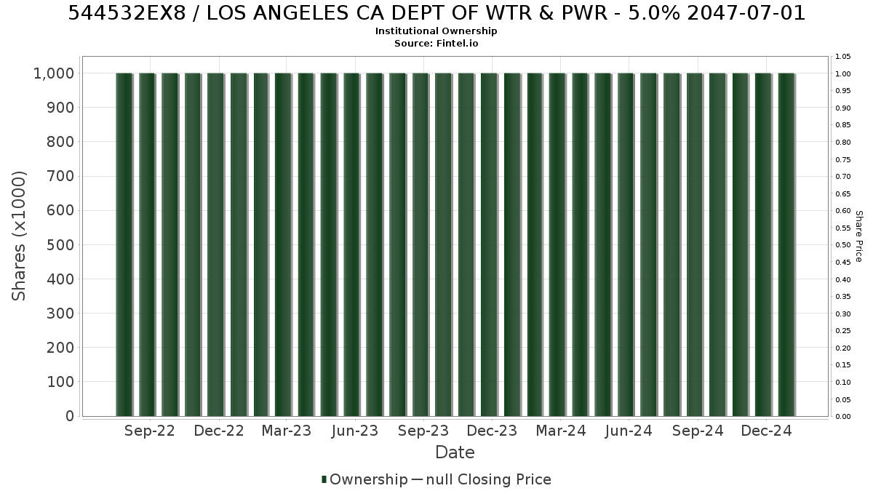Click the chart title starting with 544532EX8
436,13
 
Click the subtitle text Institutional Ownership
436,31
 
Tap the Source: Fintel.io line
436,43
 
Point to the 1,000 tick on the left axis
54,73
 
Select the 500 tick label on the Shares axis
60,245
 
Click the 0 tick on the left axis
70,416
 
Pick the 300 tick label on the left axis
60,314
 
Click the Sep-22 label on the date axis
150,431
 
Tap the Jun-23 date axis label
355,431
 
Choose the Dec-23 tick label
492,431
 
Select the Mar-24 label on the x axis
561,431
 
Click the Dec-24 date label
766,431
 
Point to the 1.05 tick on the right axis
843,57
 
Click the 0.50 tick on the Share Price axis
843,245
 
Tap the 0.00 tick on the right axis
843,417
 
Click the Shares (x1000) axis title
19,236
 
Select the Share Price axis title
859,236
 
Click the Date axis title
455,452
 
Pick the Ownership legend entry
364,479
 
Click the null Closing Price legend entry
482,479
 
